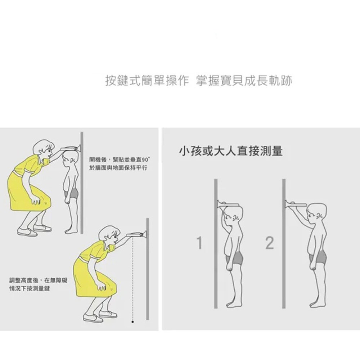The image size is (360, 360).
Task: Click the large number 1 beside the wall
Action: point(199,243)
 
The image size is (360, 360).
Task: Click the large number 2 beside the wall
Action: point(270,243)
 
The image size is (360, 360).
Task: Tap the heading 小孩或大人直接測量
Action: point(231,151)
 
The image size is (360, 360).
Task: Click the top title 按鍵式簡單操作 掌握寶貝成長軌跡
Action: point(199,81)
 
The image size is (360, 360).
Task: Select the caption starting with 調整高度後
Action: point(39,284)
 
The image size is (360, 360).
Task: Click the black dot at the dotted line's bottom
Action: point(132,322)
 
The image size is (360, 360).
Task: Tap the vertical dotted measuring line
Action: point(132,279)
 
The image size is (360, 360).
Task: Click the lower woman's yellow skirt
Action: point(94,278)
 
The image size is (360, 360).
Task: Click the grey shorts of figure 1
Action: point(235,258)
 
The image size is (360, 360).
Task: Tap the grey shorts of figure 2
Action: point(318,257)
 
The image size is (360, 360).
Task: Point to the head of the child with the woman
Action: point(70,158)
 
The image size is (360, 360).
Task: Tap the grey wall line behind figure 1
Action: point(216,244)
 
